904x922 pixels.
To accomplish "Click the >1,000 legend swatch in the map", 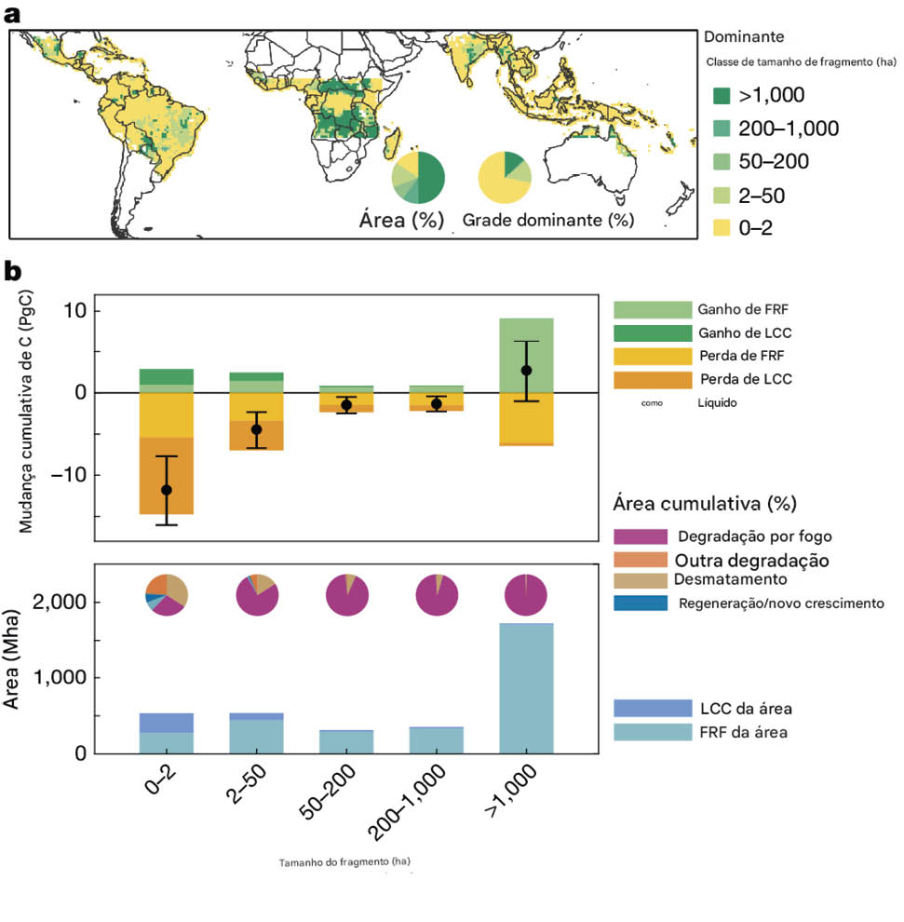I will pos(722,95).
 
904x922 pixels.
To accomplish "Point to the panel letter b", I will pos(14,271).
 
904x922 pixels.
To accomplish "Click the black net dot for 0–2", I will pos(167,490).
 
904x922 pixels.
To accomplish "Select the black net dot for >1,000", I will pos(526,371).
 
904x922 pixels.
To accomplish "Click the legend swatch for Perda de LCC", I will pos(653,380).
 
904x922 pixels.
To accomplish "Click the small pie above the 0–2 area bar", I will pos(167,595).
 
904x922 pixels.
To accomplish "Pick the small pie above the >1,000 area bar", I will pos(526,595).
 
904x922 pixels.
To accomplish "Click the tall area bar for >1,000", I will pos(526,689).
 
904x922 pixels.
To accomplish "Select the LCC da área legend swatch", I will pos(653,709).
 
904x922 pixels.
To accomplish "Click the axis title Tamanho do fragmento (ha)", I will pos(344,861).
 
